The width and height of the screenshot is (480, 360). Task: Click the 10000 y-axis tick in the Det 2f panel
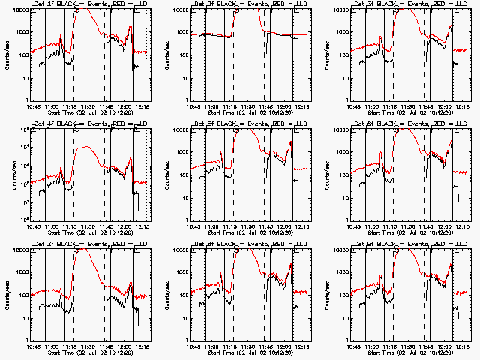[179, 10]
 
